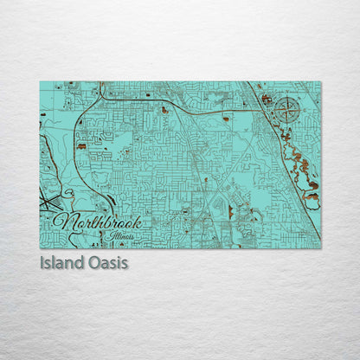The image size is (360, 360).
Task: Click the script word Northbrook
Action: coord(96,221)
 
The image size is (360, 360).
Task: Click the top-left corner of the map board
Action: coord(40,82)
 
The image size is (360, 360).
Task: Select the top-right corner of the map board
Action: coord(320,82)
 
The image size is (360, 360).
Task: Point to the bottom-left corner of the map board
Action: coord(40,248)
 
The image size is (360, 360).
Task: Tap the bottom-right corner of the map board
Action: coord(320,248)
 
